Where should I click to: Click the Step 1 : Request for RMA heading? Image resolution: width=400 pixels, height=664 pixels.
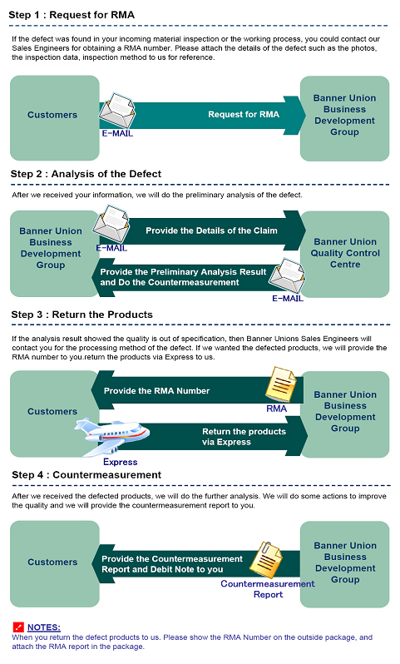pos(72,15)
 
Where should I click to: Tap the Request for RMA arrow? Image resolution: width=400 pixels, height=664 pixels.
pos(202,115)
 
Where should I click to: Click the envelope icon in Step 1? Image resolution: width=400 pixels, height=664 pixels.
pos(116,111)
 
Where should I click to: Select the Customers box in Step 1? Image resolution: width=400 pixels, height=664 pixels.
pos(55,117)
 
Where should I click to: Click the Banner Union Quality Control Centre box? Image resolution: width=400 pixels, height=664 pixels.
pos(344,254)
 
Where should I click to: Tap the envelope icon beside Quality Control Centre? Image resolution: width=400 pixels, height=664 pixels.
pos(287,276)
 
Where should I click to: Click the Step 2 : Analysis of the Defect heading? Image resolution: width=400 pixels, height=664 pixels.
pos(86,174)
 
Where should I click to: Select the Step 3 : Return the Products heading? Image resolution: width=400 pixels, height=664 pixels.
pos(82,315)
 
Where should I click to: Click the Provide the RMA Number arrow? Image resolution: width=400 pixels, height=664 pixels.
pos(197,390)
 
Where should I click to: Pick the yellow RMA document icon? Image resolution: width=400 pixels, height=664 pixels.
pos(280,384)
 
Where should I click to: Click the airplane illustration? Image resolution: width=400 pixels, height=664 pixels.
pos(111,436)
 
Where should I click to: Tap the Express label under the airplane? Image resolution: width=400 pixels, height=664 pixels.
pos(121,462)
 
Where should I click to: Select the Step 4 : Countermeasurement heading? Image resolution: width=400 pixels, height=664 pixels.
pos(86,475)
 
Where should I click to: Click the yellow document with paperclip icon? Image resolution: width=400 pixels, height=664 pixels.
pos(265,559)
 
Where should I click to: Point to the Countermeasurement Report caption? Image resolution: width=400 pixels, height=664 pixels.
pos(268,589)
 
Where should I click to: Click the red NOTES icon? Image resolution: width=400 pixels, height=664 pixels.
pos(18,627)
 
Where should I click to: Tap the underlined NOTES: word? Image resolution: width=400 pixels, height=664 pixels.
pos(44,627)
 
